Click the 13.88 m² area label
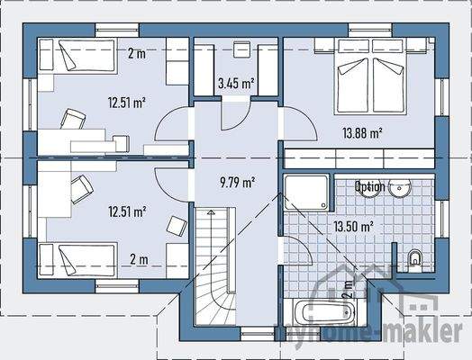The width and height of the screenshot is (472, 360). tap(362, 133)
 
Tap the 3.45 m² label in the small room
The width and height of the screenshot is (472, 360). tap(236, 85)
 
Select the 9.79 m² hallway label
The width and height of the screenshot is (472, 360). tap(236, 182)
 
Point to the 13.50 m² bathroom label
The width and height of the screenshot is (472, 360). tap(354, 227)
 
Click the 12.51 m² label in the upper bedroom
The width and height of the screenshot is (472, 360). tap(127, 102)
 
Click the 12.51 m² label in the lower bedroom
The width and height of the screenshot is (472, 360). tap(127, 212)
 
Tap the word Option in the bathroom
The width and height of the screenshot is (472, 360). tap(369, 187)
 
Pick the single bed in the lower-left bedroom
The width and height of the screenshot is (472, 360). tap(70, 260)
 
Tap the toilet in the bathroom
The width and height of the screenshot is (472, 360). tap(415, 258)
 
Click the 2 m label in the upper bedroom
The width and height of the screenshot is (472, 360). tap(136, 54)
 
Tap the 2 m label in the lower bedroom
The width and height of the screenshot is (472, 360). tap(139, 261)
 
